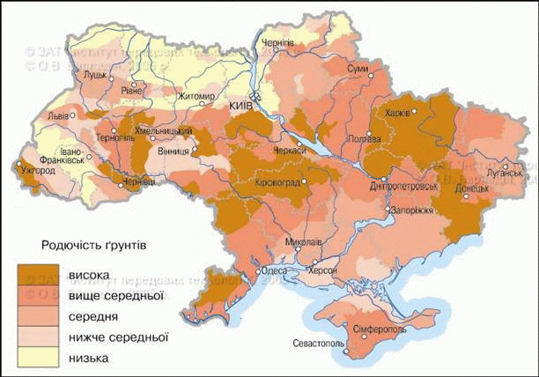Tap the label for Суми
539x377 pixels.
[358, 68]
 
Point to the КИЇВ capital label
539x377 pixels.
[240, 105]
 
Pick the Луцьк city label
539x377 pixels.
[94, 76]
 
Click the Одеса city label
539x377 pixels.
[275, 271]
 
